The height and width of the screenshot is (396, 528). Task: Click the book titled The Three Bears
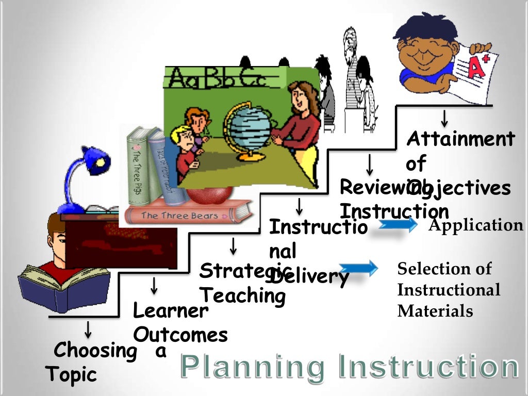180,215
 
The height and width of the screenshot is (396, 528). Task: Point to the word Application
475,225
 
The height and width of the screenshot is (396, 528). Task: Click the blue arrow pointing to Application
396,225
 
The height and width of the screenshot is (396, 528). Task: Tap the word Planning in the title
253,367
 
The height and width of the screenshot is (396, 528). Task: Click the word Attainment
460,139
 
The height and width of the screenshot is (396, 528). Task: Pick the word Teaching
242,296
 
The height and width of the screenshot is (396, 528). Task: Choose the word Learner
170,311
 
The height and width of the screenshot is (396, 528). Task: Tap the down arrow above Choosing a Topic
88,328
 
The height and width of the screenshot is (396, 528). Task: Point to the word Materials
435,311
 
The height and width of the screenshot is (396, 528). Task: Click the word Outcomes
180,335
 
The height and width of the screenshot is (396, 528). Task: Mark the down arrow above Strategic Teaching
234,246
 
